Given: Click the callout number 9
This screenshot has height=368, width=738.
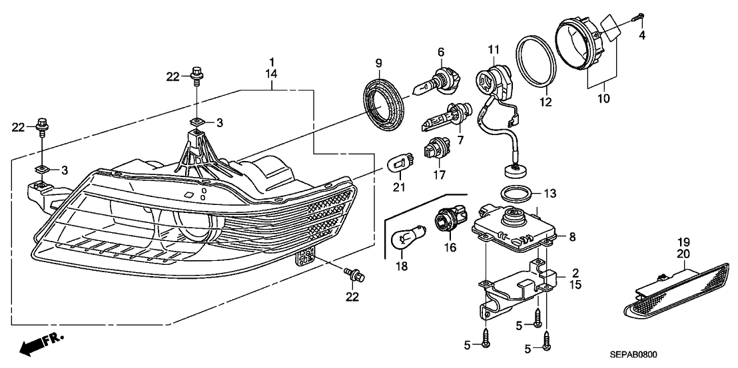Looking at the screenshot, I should pyautogui.click(x=378, y=63).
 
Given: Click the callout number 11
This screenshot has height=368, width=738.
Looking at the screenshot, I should pyautogui.click(x=493, y=49).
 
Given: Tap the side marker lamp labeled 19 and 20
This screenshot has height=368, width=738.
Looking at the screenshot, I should pyautogui.click(x=675, y=293).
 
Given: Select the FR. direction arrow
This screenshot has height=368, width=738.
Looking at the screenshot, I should pyautogui.click(x=40, y=344).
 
